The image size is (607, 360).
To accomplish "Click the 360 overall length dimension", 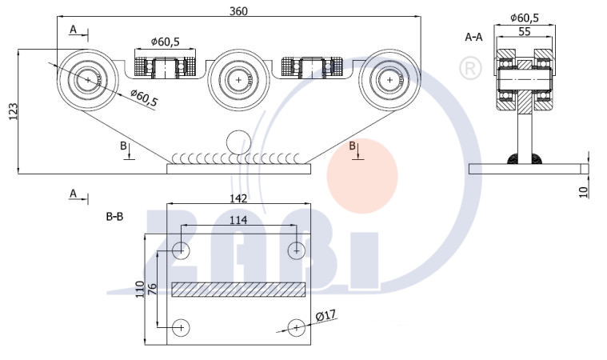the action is click(x=238, y=11).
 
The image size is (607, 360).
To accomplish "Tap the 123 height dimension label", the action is click(x=13, y=111).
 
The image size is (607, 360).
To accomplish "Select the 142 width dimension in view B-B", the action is click(x=238, y=198).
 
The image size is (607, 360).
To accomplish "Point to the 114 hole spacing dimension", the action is click(x=238, y=220).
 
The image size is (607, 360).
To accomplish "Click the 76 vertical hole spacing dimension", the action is click(x=152, y=289).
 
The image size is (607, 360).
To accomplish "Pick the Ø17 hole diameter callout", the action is click(x=325, y=316).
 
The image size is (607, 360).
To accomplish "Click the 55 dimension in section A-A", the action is click(x=524, y=31).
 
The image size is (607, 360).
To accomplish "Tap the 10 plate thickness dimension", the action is click(x=583, y=192).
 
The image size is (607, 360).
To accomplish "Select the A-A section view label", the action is click(x=473, y=37).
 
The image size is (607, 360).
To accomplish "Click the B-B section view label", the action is click(x=114, y=217).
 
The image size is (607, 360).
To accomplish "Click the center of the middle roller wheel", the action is click(x=238, y=80).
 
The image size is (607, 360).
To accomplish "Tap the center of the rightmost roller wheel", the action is click(x=389, y=80).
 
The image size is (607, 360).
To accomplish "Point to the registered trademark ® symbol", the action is click(x=470, y=68).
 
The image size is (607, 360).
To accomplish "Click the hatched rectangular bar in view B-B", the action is click(x=238, y=290).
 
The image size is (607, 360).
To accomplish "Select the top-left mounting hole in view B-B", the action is click(x=181, y=250).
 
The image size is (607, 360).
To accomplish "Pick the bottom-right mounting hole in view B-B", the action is click(x=297, y=328).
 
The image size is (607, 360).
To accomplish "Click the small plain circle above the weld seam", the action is click(x=238, y=142).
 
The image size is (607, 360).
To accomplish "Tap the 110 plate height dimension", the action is click(x=140, y=289).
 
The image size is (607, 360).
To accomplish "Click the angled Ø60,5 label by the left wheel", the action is click(x=144, y=98).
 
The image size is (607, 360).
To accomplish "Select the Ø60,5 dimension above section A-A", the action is click(x=524, y=18).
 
